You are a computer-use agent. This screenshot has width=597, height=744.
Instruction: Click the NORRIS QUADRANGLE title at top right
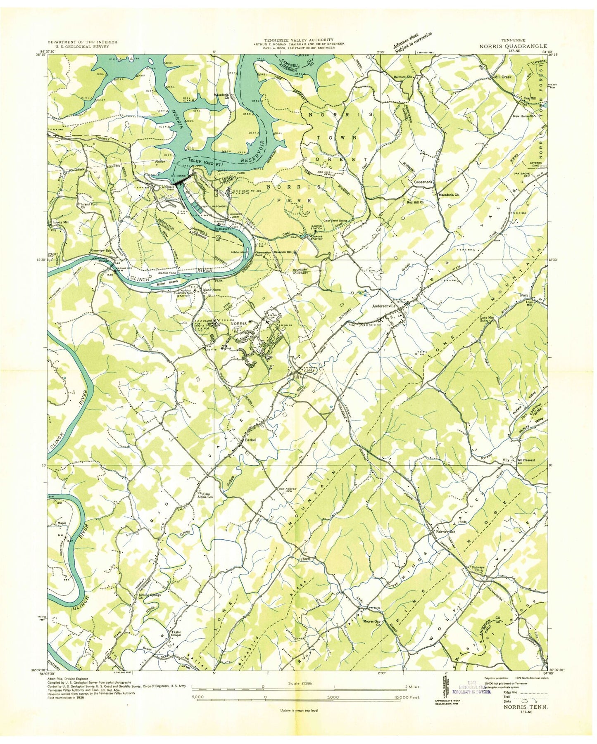tap(513, 47)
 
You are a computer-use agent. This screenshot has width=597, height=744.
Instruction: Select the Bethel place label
tap(250, 440)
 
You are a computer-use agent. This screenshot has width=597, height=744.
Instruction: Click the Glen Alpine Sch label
tap(205, 495)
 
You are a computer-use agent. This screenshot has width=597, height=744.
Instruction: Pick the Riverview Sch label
tap(101, 251)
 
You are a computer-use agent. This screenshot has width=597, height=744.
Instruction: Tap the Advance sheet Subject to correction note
tap(413, 42)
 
